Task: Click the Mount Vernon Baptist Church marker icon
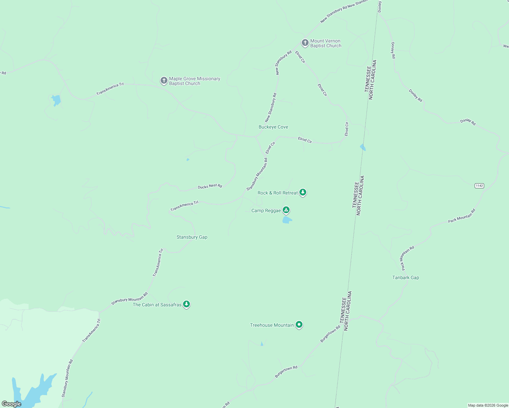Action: (x=305, y=43)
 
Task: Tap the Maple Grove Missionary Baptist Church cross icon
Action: (x=164, y=81)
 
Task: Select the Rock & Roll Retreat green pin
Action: (x=302, y=192)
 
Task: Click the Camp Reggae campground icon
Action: (x=286, y=210)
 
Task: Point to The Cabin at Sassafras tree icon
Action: (x=186, y=304)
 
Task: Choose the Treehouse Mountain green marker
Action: (x=299, y=325)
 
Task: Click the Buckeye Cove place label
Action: (x=273, y=127)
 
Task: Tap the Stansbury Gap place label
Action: (x=192, y=237)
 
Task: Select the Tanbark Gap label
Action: (x=406, y=277)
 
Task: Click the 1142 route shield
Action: (x=479, y=186)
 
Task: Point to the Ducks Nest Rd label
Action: (x=210, y=186)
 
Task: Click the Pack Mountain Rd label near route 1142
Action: (x=461, y=216)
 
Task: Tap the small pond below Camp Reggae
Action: (x=287, y=220)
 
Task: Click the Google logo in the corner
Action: (x=12, y=404)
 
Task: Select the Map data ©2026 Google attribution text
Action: (x=488, y=405)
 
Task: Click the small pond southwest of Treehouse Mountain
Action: (x=262, y=344)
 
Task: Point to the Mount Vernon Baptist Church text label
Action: (x=326, y=43)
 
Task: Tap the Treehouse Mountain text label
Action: (x=272, y=325)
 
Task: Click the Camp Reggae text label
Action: (x=266, y=210)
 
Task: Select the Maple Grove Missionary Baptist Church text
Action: (x=195, y=81)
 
